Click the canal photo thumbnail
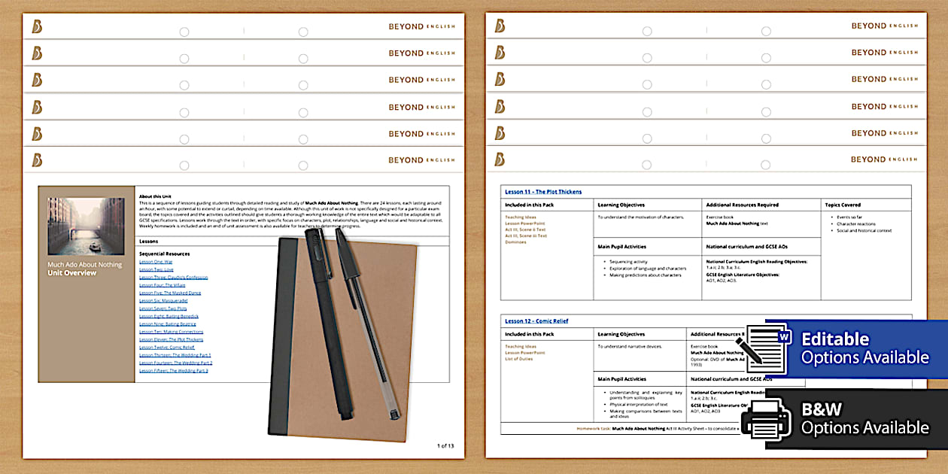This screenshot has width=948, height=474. tap(86, 226)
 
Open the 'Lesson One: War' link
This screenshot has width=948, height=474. tap(156, 261)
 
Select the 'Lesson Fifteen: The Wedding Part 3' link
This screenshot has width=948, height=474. tap(174, 370)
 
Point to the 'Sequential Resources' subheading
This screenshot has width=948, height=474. tap(165, 254)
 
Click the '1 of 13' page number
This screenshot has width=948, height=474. tap(445, 446)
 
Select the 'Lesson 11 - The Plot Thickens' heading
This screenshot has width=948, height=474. tap(543, 192)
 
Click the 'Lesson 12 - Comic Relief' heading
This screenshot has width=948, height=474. tap(536, 321)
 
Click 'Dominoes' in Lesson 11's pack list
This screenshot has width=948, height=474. tap(515, 242)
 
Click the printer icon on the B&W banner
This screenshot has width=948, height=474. tap(767, 418)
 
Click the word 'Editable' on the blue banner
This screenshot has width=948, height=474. tap(835, 339)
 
